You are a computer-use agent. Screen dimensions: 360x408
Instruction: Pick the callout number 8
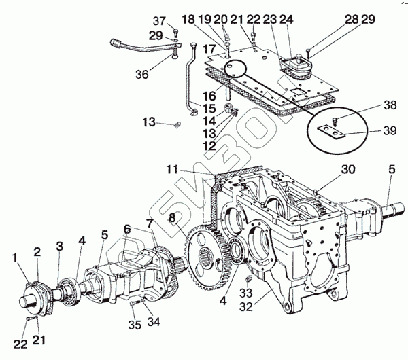click(x=172, y=217)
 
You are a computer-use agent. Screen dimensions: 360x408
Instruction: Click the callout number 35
click(x=135, y=325)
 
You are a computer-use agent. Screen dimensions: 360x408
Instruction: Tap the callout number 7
click(x=150, y=223)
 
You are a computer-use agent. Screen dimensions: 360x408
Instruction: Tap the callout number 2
click(x=37, y=251)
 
